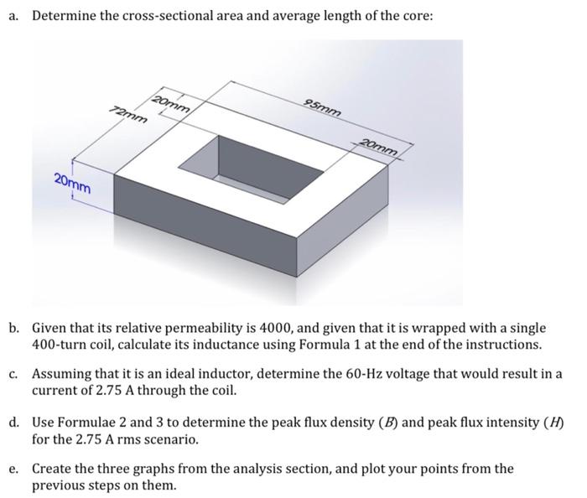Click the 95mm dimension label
(x=322, y=107)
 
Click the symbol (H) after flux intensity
(x=553, y=423)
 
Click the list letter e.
(x=14, y=469)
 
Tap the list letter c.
(x=14, y=374)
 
